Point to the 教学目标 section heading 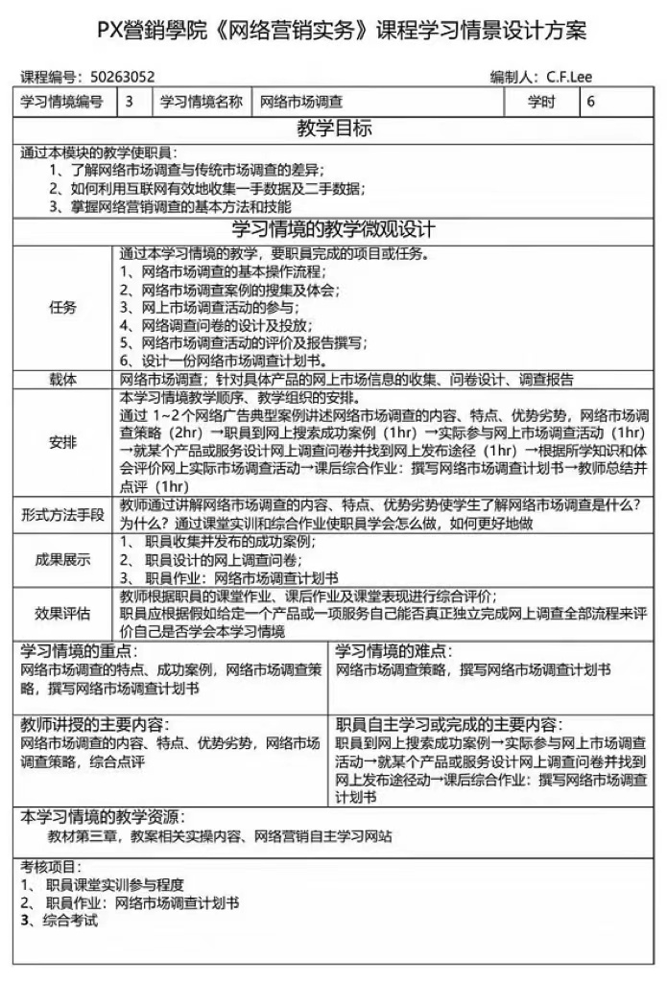[x=334, y=129]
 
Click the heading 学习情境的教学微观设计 [x=334, y=230]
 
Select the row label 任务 [x=63, y=308]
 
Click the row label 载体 [x=63, y=380]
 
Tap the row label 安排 [x=63, y=442]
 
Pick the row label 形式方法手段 [x=63, y=514]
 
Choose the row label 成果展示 [x=63, y=560]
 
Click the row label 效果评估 [x=63, y=614]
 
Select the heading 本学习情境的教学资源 [x=101, y=816]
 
